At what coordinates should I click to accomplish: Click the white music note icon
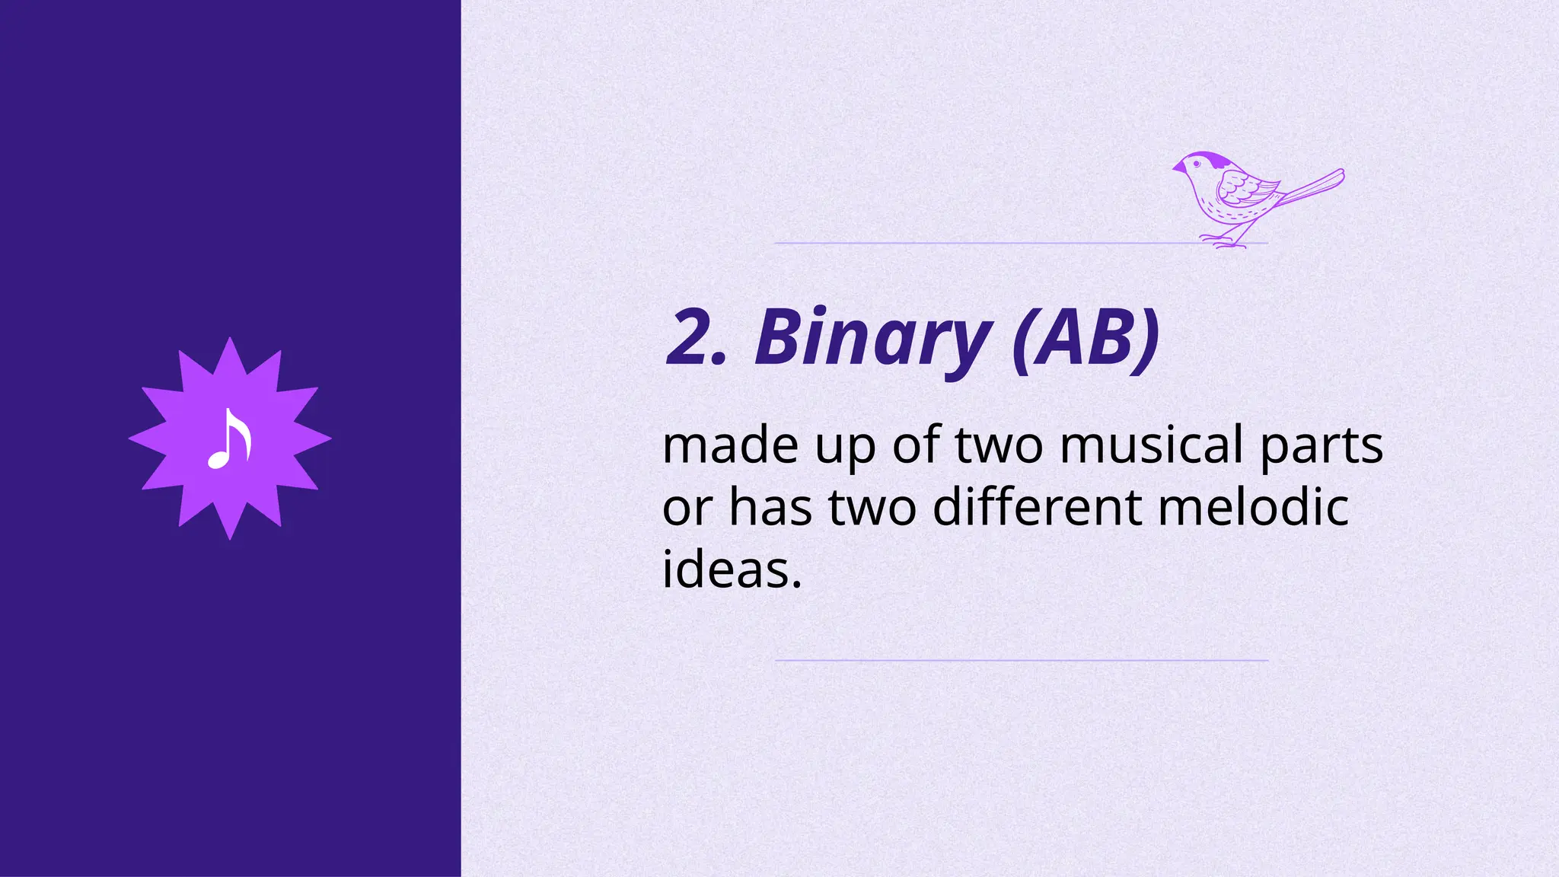[x=229, y=439]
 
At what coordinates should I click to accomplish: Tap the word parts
[x=1321, y=446]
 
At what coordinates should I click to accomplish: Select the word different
[x=1037, y=507]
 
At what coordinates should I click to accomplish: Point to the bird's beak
[x=1177, y=168]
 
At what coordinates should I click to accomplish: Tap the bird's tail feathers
[x=1313, y=187]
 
